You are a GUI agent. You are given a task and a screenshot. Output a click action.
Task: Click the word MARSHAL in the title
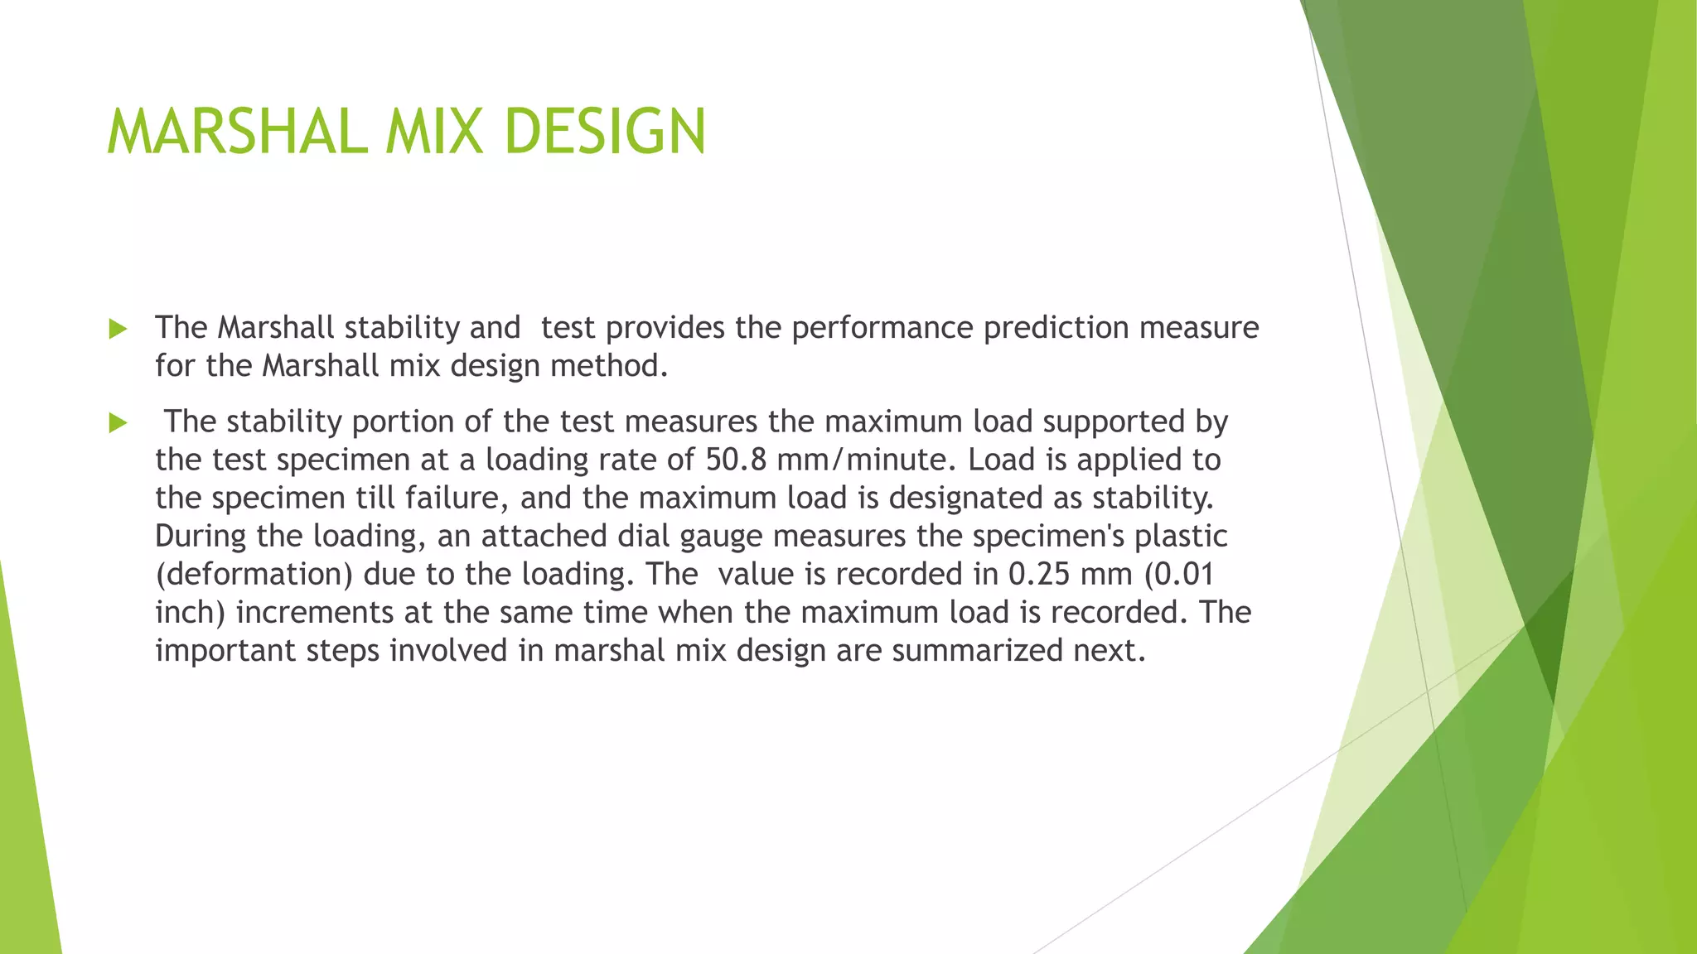point(237,132)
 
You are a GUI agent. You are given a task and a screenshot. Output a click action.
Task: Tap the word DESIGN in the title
point(604,132)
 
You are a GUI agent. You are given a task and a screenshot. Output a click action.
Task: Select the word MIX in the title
point(434,132)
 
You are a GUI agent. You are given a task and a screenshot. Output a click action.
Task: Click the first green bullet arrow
point(118,330)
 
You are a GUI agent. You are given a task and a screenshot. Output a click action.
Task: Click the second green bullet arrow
point(118,424)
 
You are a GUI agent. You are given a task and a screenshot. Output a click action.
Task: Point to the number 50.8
point(736,460)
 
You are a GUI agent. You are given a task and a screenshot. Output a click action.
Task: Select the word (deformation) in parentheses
point(254,574)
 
